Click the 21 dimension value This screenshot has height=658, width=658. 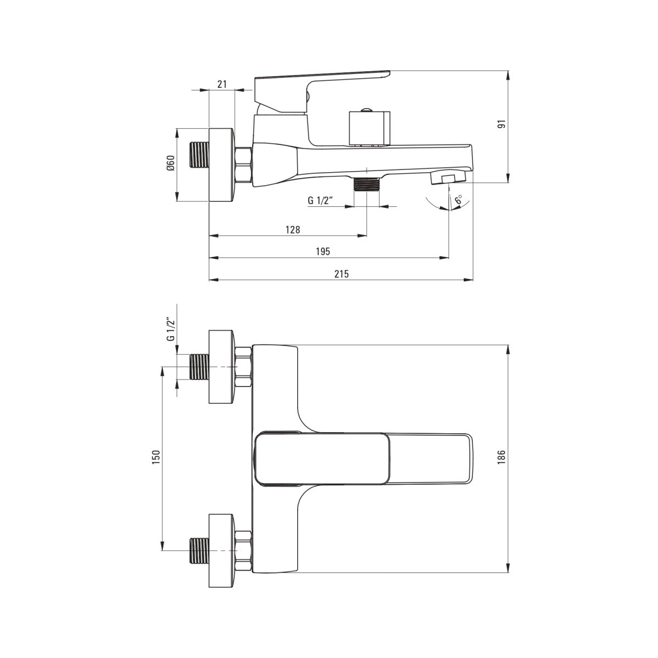222,84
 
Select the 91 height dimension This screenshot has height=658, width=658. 501,124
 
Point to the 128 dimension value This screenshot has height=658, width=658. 293,229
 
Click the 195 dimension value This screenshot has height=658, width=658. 322,252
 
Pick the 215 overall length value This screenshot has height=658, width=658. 342,274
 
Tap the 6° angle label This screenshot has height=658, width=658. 458,199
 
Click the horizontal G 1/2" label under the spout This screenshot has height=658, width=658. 320,200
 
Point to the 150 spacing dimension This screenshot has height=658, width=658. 156,457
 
